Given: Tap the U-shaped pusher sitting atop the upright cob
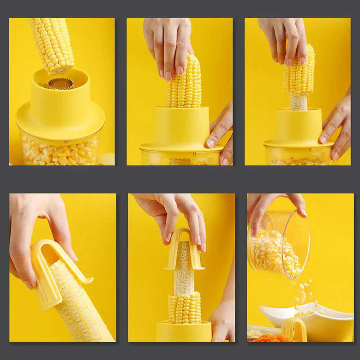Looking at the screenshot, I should pos(184,250).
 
